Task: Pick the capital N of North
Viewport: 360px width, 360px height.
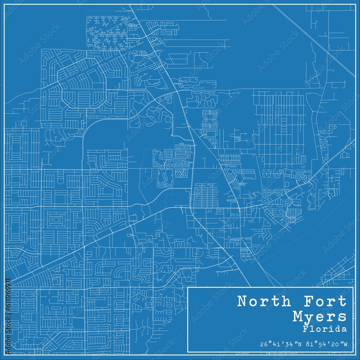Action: (242, 302)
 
